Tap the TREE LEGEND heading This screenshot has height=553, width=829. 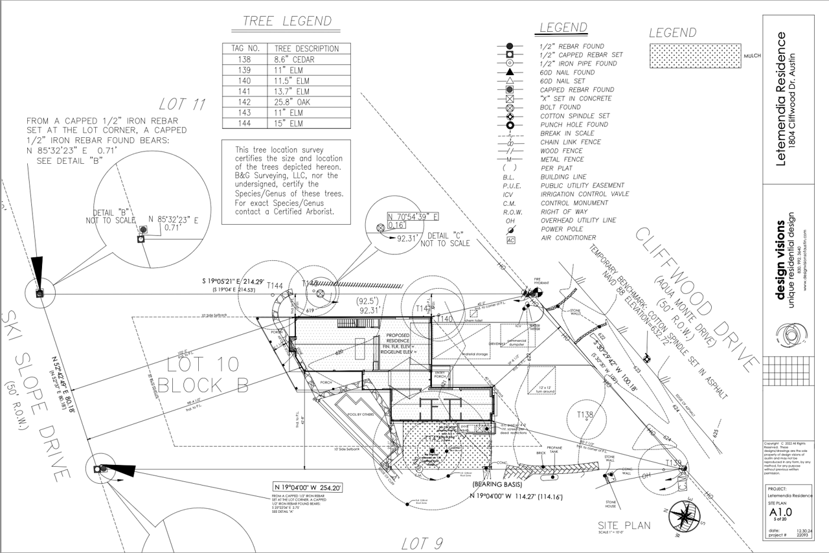[287, 21]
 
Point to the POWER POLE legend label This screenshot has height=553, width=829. [562, 229]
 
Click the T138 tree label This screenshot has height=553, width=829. [585, 415]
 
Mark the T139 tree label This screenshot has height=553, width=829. [674, 462]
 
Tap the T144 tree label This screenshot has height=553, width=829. [275, 286]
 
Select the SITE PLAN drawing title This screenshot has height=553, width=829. [624, 526]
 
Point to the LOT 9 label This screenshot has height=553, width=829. [422, 543]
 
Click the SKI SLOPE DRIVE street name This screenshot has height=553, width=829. [35, 396]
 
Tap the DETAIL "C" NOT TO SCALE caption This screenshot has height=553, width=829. [445, 239]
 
